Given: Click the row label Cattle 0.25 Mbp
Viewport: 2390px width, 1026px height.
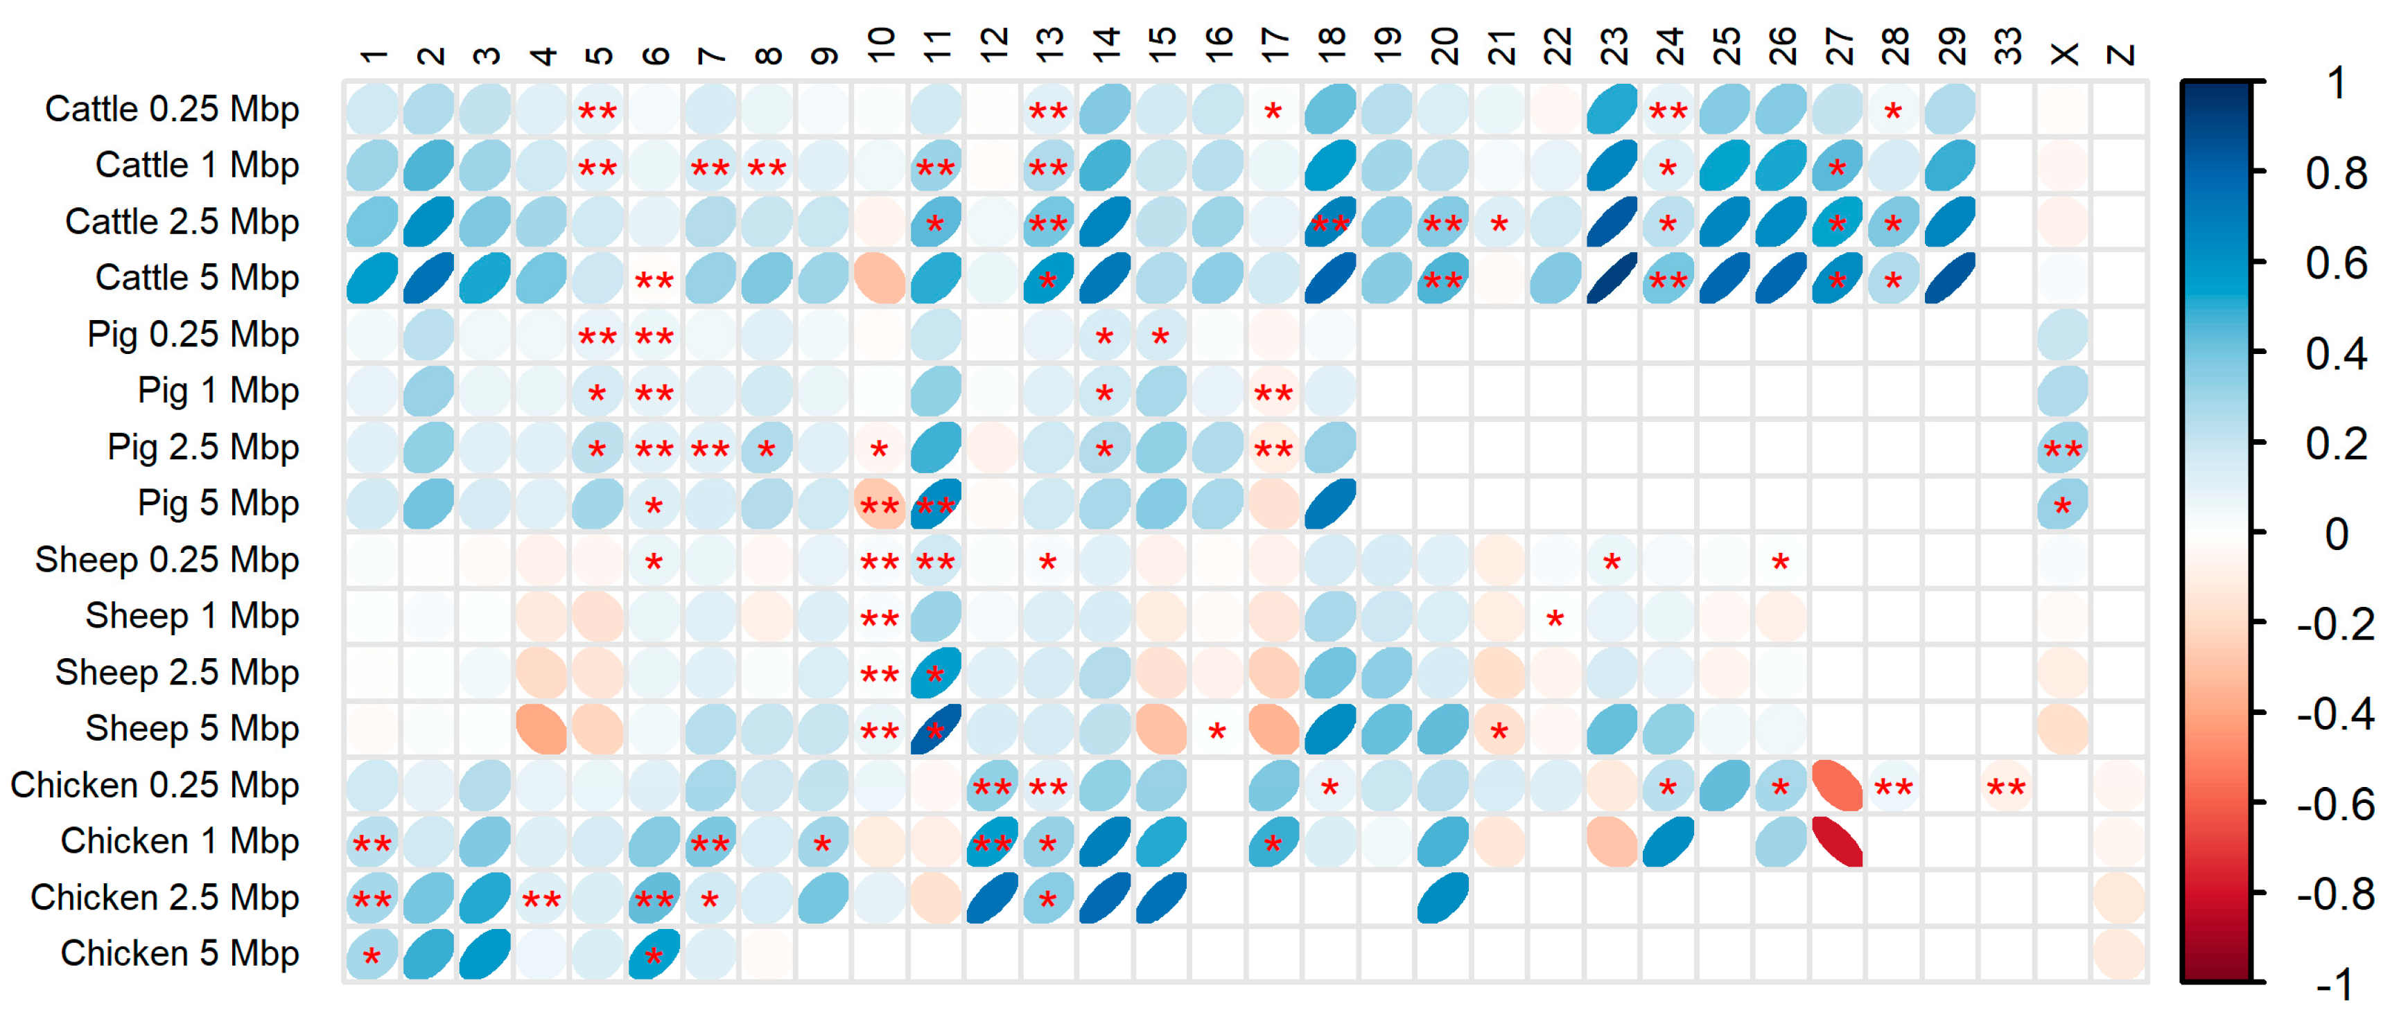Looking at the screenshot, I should point(172,109).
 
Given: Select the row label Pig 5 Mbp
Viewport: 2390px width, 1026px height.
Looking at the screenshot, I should point(218,504).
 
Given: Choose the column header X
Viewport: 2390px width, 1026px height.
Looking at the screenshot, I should point(2064,54).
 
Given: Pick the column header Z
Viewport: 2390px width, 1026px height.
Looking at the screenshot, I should point(2120,54).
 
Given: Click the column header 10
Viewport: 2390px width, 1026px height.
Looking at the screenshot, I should point(880,44).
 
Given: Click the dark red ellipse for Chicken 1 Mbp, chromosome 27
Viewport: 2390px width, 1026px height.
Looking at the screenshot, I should point(1837,842).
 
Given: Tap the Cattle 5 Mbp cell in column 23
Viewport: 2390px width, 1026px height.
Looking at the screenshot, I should point(1612,278).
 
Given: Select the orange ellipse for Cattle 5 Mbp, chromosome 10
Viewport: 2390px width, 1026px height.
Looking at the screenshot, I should point(880,278).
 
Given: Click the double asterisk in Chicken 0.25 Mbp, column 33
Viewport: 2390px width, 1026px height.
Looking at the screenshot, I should point(2006,788).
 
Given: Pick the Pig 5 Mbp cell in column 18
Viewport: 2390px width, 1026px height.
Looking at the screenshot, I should point(1330,504).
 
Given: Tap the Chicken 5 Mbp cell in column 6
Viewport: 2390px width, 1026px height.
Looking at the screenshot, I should point(654,955).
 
